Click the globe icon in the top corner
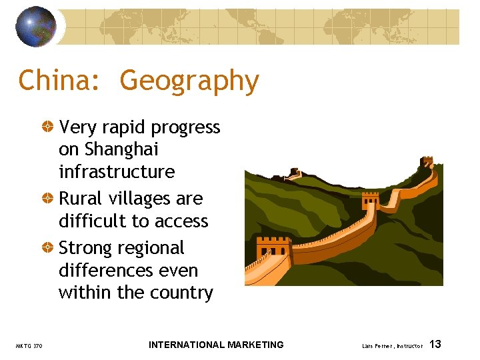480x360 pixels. pyautogui.click(x=35, y=26)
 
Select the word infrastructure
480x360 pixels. pyautogui.click(x=117, y=172)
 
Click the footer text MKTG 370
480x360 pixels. pyautogui.click(x=29, y=345)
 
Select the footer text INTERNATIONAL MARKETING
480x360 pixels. pyautogui.click(x=216, y=345)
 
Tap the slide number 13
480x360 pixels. pyautogui.click(x=435, y=345)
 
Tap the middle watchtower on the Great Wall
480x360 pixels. pyautogui.click(x=370, y=201)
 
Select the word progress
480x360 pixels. pyautogui.click(x=186, y=127)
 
